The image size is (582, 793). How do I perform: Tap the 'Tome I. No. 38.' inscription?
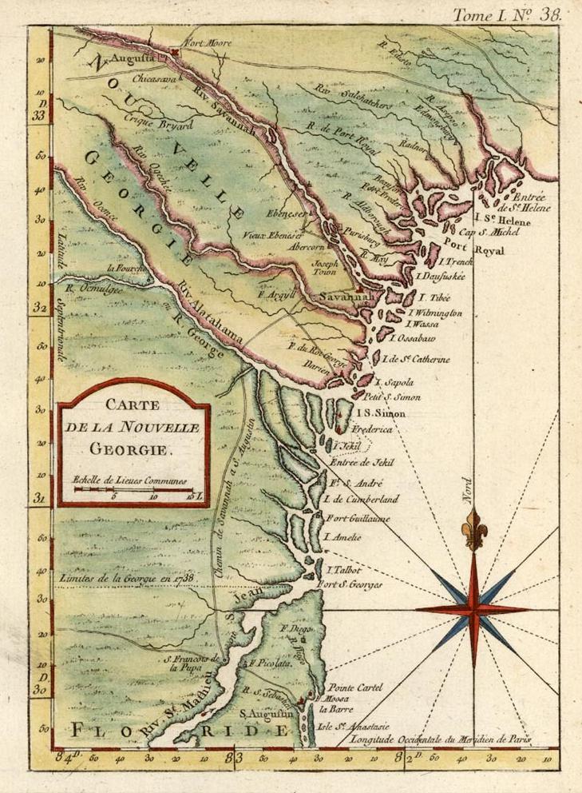(507, 14)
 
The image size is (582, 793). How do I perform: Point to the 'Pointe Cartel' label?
(354, 687)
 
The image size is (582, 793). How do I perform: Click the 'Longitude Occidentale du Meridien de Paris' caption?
(436, 739)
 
